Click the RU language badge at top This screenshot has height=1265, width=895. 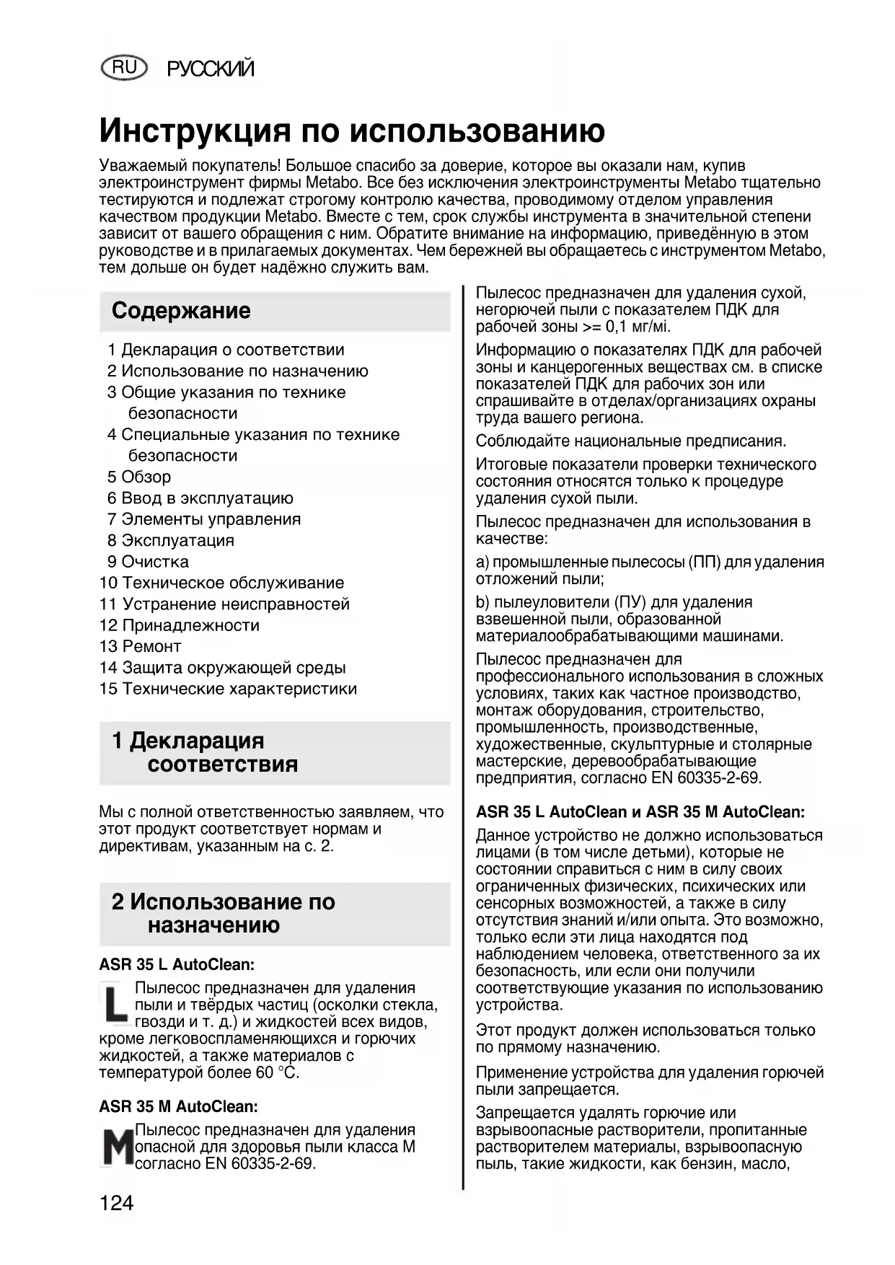point(125,68)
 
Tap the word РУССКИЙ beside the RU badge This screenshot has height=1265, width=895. point(211,69)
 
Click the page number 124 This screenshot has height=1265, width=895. point(117,1203)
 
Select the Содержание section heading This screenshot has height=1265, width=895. point(181,311)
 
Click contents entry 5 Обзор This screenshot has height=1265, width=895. point(139,477)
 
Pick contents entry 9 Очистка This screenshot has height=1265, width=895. point(148,562)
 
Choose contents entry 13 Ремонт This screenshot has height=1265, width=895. point(141,646)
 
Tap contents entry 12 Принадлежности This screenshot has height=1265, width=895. point(180,625)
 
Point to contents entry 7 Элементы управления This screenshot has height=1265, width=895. point(204,519)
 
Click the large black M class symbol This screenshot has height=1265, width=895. point(116,1147)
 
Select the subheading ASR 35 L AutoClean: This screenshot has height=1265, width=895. point(177,964)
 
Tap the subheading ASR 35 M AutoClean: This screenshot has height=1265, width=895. point(178,1106)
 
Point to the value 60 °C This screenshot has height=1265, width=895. point(277,1072)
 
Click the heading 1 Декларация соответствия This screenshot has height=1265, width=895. point(206,752)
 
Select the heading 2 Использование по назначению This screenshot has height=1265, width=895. point(223,913)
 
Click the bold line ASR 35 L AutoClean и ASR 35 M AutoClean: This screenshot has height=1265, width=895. point(640,812)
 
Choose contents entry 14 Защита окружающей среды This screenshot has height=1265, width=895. point(223,668)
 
